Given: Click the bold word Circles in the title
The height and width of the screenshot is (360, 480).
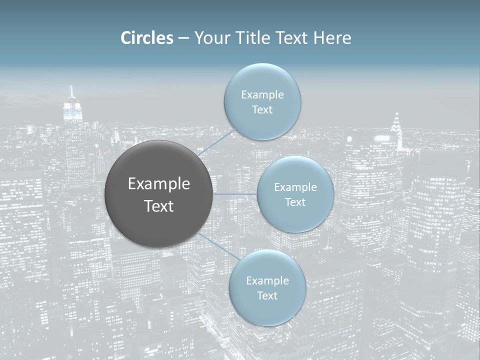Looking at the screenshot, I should pos(147,38).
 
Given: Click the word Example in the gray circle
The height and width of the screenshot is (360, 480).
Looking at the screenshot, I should pos(159,184).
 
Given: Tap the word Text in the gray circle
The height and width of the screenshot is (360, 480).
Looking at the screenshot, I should pos(159,206).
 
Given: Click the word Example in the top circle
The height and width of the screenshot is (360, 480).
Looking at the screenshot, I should pos(262,95).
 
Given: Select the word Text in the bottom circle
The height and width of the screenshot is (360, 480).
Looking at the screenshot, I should pos(267,295).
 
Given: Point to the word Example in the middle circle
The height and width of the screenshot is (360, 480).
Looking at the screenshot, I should pos(295,187).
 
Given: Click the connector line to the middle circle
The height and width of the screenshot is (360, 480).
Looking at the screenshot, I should pos(235,194).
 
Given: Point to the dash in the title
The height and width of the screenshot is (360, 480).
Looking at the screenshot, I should pos(183,38).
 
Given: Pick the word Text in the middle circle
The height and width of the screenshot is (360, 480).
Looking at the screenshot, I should pos(295,202).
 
